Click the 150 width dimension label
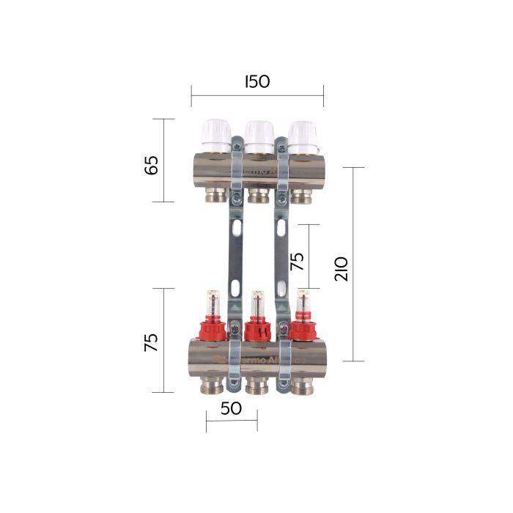[x=257, y=81]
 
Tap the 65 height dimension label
[x=152, y=165]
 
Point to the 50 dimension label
[x=231, y=409]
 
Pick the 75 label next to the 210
[x=298, y=262]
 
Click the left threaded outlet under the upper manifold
[x=215, y=195]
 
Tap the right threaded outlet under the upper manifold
[x=301, y=195]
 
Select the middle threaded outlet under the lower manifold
[x=256, y=385]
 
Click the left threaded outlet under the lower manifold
[x=213, y=385]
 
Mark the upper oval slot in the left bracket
[x=235, y=229]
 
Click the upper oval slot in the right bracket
[x=280, y=229]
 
